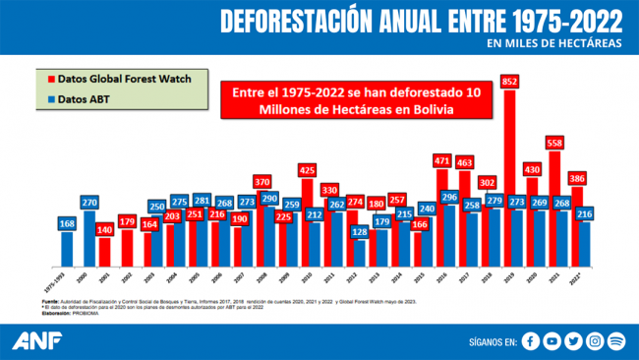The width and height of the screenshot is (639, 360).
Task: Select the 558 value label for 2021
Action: point(555,143)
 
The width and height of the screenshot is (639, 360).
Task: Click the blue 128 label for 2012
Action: point(360,231)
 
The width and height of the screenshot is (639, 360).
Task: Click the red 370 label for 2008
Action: point(261,181)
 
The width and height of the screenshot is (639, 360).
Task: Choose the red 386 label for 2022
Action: point(579,179)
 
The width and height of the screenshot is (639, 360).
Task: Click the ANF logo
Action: point(36,340)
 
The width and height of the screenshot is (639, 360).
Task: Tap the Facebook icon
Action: point(532,341)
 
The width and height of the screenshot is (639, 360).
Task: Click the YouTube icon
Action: point(553,341)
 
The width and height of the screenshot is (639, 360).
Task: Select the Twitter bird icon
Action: point(575,341)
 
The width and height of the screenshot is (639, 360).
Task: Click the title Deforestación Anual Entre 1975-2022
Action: point(422,20)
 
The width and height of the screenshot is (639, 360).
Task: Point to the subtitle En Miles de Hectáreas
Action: point(554,43)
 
